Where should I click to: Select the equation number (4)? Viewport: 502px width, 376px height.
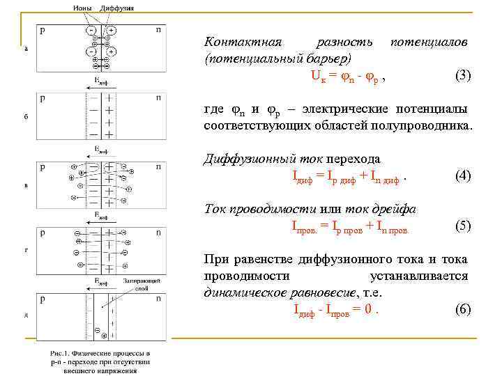(x=463, y=176)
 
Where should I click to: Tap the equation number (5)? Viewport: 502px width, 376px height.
(x=463, y=226)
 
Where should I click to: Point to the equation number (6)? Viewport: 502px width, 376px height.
(x=463, y=309)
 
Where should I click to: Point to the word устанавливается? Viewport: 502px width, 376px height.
(x=420, y=276)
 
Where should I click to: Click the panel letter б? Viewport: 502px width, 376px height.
(x=26, y=116)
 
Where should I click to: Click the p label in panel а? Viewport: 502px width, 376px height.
(x=43, y=31)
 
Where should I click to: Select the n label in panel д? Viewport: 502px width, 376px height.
(x=159, y=299)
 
